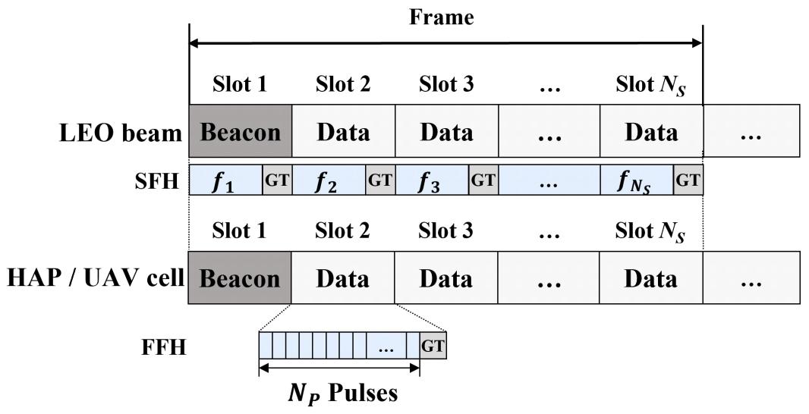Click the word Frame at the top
[x=441, y=17]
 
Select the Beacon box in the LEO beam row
[x=241, y=133]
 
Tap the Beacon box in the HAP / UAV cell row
[x=241, y=280]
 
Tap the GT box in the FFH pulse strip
[x=433, y=346]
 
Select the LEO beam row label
[x=119, y=134]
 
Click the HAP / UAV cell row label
[x=96, y=280]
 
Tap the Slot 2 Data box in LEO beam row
[x=344, y=133]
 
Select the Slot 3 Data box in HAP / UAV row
[x=446, y=280]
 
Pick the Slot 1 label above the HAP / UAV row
[x=241, y=232]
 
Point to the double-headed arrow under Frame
[x=445, y=43]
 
